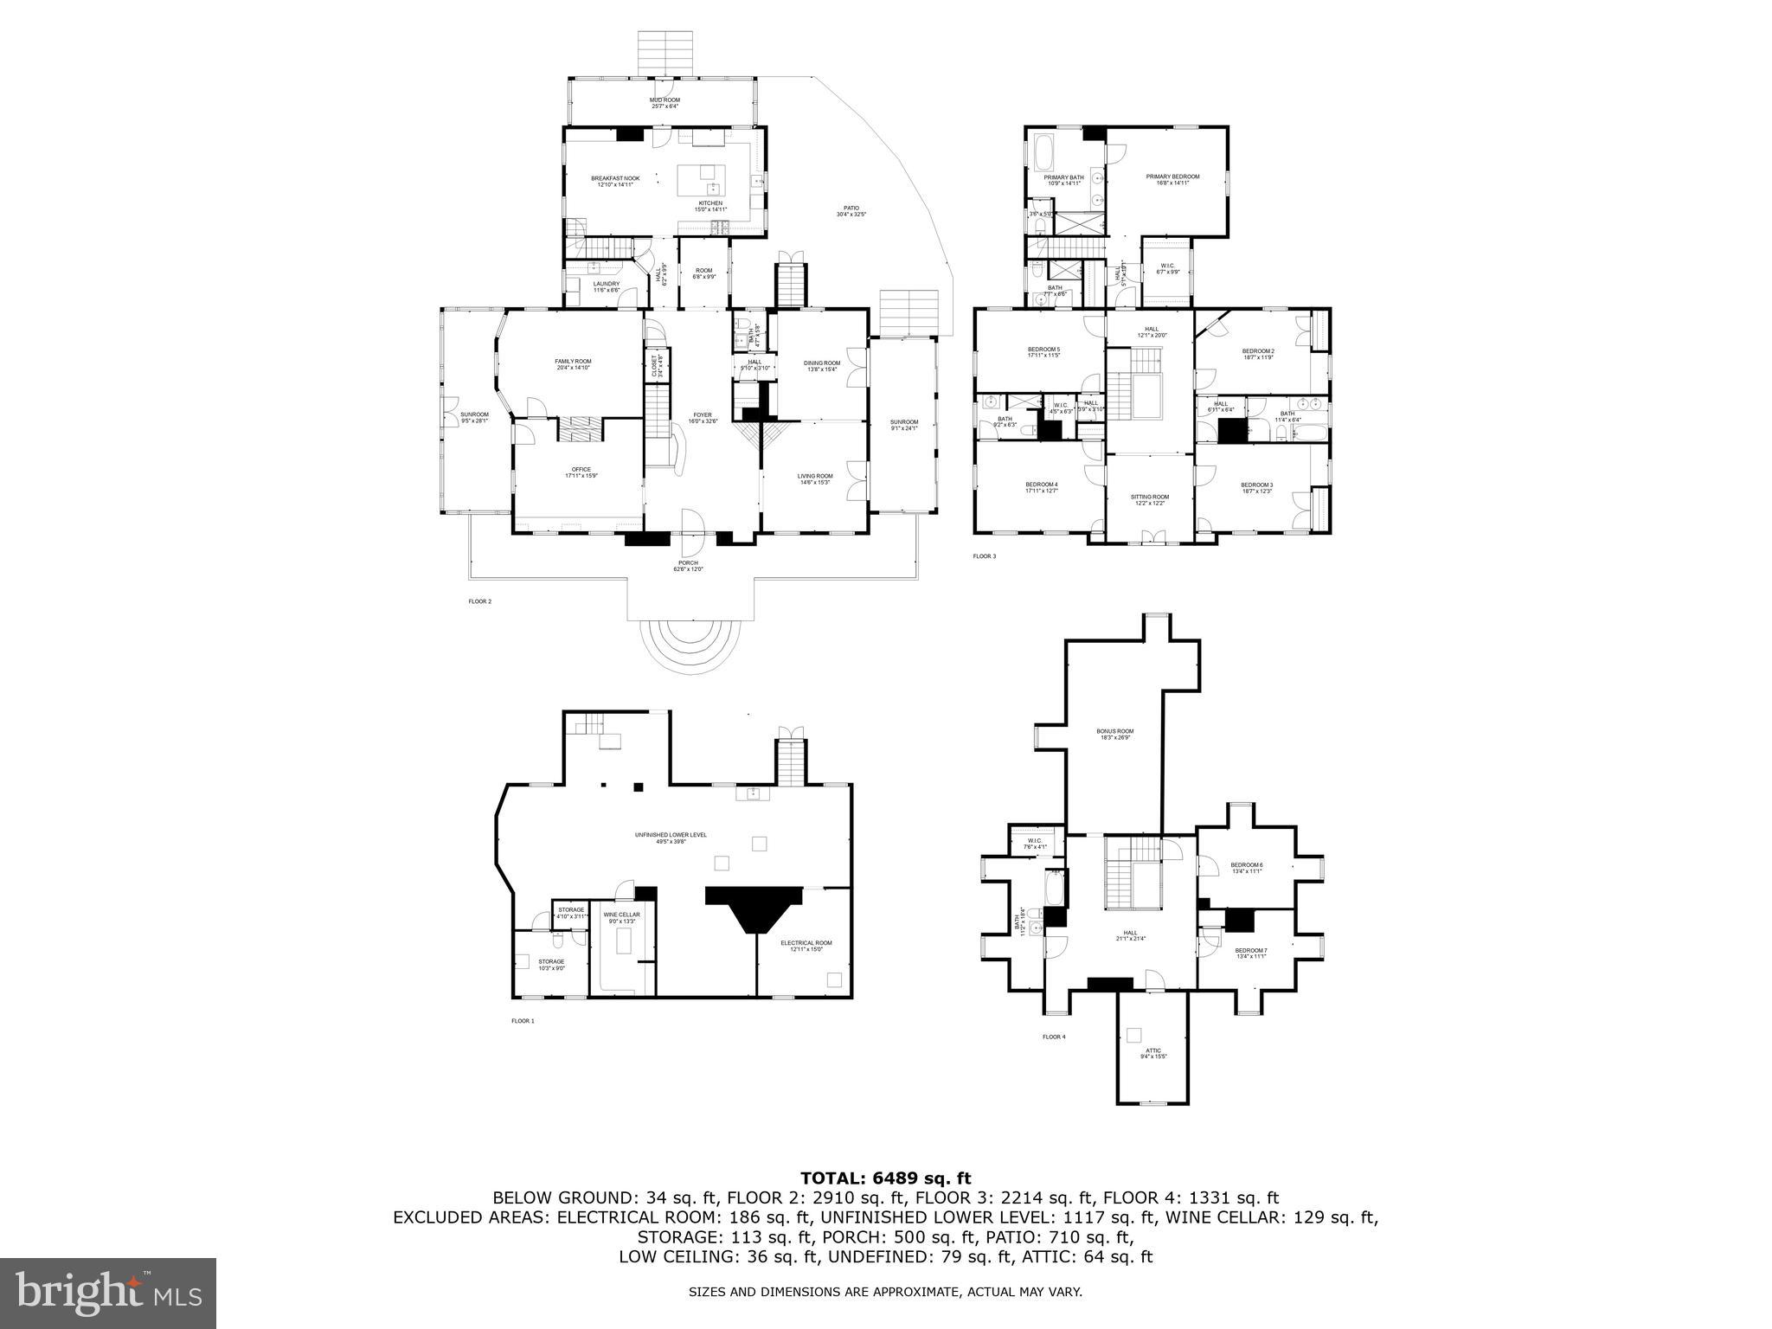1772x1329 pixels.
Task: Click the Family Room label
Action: (x=573, y=364)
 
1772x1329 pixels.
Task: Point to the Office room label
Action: (x=581, y=472)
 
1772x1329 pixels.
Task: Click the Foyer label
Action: (x=701, y=418)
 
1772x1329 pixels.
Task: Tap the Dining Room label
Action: (x=821, y=366)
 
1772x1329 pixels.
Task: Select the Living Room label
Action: (x=814, y=478)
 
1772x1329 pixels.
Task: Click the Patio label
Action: (x=851, y=210)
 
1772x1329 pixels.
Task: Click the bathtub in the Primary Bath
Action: (x=1043, y=153)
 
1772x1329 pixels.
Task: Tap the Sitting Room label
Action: (x=1149, y=500)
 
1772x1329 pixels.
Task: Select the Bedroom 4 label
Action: (x=1042, y=487)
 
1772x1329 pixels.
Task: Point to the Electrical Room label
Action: (x=806, y=946)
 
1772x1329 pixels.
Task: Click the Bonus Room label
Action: (x=1116, y=735)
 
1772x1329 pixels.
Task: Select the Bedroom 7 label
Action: (x=1251, y=953)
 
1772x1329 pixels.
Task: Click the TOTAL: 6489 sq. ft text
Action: (x=885, y=1178)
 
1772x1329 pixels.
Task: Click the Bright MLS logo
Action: (x=108, y=1293)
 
